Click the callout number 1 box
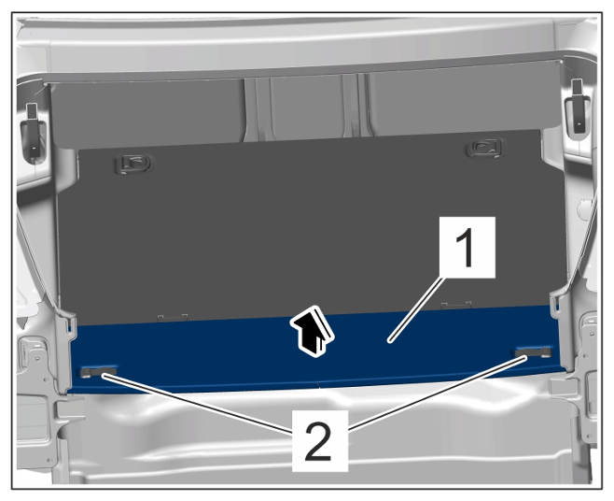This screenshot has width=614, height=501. click(467, 247)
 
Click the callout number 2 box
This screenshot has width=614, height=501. click(320, 440)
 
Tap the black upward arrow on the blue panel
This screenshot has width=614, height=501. click(312, 332)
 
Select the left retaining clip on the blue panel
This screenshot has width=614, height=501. click(99, 372)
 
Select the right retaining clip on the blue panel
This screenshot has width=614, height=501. click(534, 352)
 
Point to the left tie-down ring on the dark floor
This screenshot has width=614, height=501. click(133, 164)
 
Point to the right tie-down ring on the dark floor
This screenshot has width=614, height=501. click(483, 149)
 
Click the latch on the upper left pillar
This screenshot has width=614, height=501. click(34, 132)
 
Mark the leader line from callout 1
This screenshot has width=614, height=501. click(418, 309)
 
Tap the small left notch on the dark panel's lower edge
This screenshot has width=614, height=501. click(173, 318)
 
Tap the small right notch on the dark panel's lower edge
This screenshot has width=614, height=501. click(456, 306)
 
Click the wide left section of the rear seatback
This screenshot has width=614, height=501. click(147, 114)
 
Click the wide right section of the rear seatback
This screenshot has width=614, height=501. click(462, 98)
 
